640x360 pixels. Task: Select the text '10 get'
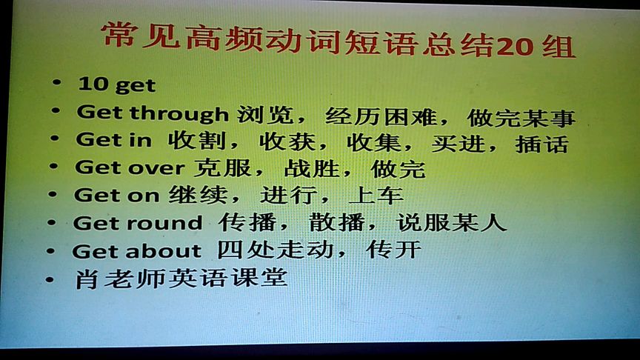click(117, 85)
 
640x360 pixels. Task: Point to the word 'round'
click(164, 223)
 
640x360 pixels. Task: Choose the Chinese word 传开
click(394, 249)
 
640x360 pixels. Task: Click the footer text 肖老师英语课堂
click(181, 279)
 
